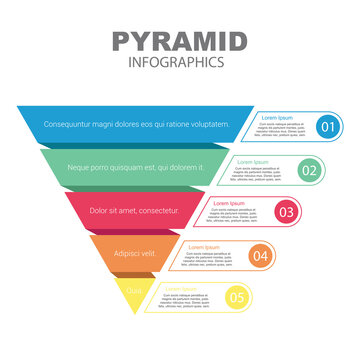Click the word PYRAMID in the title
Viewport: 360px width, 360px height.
pos(179,41)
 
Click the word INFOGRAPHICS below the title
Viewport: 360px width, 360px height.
pos(179,62)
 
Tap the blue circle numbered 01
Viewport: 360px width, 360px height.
pos(326,127)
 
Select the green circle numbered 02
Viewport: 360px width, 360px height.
pos(309,170)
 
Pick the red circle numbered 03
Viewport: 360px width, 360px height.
pos(286,212)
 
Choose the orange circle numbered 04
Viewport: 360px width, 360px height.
pos(260,256)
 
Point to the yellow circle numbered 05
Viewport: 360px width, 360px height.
pos(236,297)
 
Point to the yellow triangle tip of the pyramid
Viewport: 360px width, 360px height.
pos(135,296)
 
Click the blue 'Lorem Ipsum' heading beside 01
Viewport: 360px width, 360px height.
pos(277,117)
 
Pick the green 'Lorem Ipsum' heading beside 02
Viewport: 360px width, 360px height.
pos(255,161)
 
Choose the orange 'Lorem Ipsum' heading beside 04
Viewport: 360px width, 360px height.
pos(204,246)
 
